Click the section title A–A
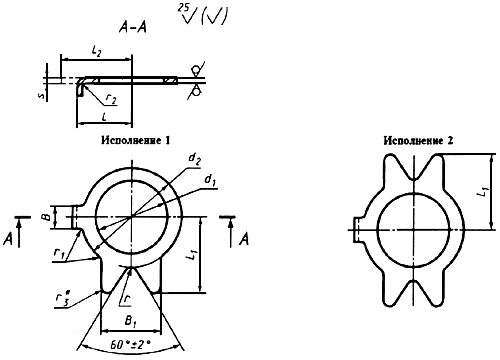click(x=133, y=27)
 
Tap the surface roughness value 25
click(x=183, y=7)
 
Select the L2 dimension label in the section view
click(x=96, y=52)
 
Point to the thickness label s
click(x=41, y=96)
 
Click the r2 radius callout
click(x=111, y=99)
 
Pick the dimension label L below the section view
click(x=104, y=117)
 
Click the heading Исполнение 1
click(x=136, y=140)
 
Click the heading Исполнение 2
click(x=418, y=141)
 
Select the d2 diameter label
click(x=195, y=158)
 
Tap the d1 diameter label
click(x=210, y=180)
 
